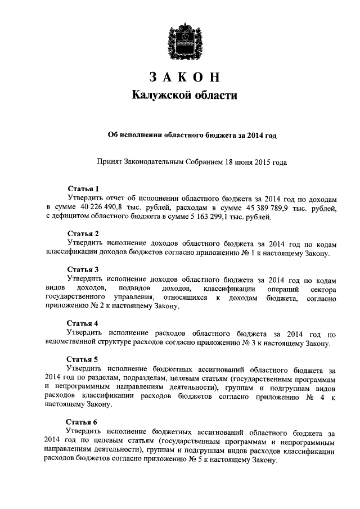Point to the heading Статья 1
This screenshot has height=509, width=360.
[x=83, y=188]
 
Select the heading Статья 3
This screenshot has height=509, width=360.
[x=83, y=269]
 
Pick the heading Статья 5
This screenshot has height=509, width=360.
[x=83, y=359]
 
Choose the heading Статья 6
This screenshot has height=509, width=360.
[x=83, y=422]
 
